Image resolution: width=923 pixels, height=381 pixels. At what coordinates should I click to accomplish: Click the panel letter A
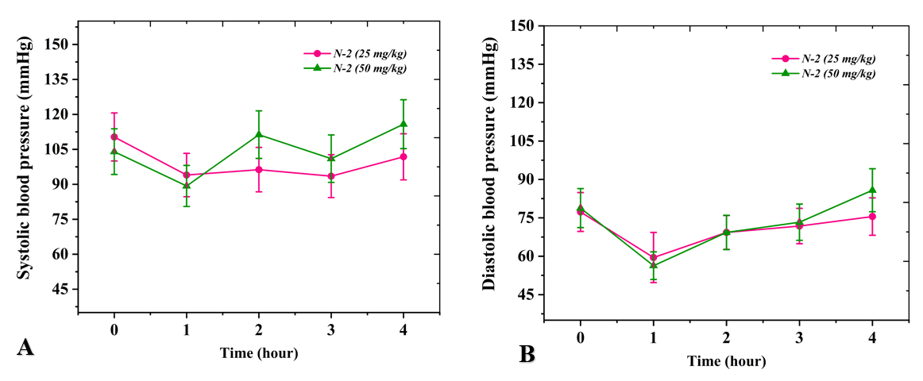pyautogui.click(x=25, y=348)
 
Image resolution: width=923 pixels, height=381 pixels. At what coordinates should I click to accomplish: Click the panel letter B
pyautogui.click(x=526, y=354)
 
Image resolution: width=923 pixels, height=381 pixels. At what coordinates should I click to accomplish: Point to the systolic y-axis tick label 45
pyautogui.click(x=60, y=289)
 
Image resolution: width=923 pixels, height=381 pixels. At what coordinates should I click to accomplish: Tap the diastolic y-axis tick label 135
pyautogui.click(x=522, y=64)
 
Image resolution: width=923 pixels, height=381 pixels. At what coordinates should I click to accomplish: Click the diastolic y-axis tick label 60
pyautogui.click(x=525, y=256)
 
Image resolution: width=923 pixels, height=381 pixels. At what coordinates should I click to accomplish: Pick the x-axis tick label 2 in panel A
pyautogui.click(x=259, y=329)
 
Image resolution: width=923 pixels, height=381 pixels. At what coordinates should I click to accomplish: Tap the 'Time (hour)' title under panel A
pyautogui.click(x=259, y=353)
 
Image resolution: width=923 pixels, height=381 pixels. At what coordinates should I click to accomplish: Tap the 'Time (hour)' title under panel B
pyautogui.click(x=726, y=362)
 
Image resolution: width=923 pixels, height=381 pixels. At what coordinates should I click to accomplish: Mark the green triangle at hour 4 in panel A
pyautogui.click(x=404, y=124)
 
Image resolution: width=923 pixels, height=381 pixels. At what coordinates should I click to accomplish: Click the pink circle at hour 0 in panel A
pyautogui.click(x=114, y=137)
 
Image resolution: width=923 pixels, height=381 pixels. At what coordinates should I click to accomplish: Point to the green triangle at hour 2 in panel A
pyautogui.click(x=259, y=134)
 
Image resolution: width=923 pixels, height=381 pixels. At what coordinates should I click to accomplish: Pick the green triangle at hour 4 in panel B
pyautogui.click(x=872, y=190)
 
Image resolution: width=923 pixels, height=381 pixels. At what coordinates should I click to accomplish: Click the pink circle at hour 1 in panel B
pyautogui.click(x=653, y=257)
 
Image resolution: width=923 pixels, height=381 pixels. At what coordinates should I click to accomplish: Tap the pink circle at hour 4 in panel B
pyautogui.click(x=872, y=216)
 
